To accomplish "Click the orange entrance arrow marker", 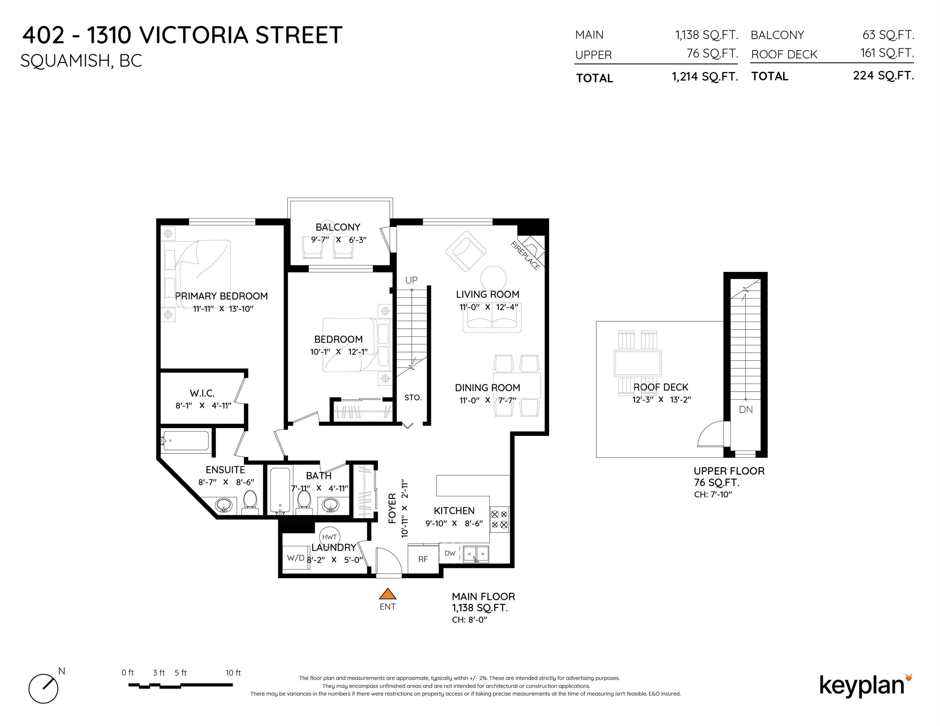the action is (387, 594).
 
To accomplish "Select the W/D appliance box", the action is (296, 557).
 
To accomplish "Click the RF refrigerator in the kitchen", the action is (423, 559).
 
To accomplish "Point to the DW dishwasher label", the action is (450, 553).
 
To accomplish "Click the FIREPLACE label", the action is (525, 256).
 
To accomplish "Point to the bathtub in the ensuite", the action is (185, 441).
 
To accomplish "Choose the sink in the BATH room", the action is (330, 504).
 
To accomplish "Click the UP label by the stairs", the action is (411, 280).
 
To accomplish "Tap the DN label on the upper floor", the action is (746, 409).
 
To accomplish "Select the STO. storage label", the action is (413, 397).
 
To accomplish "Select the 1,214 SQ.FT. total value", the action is (705, 77).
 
